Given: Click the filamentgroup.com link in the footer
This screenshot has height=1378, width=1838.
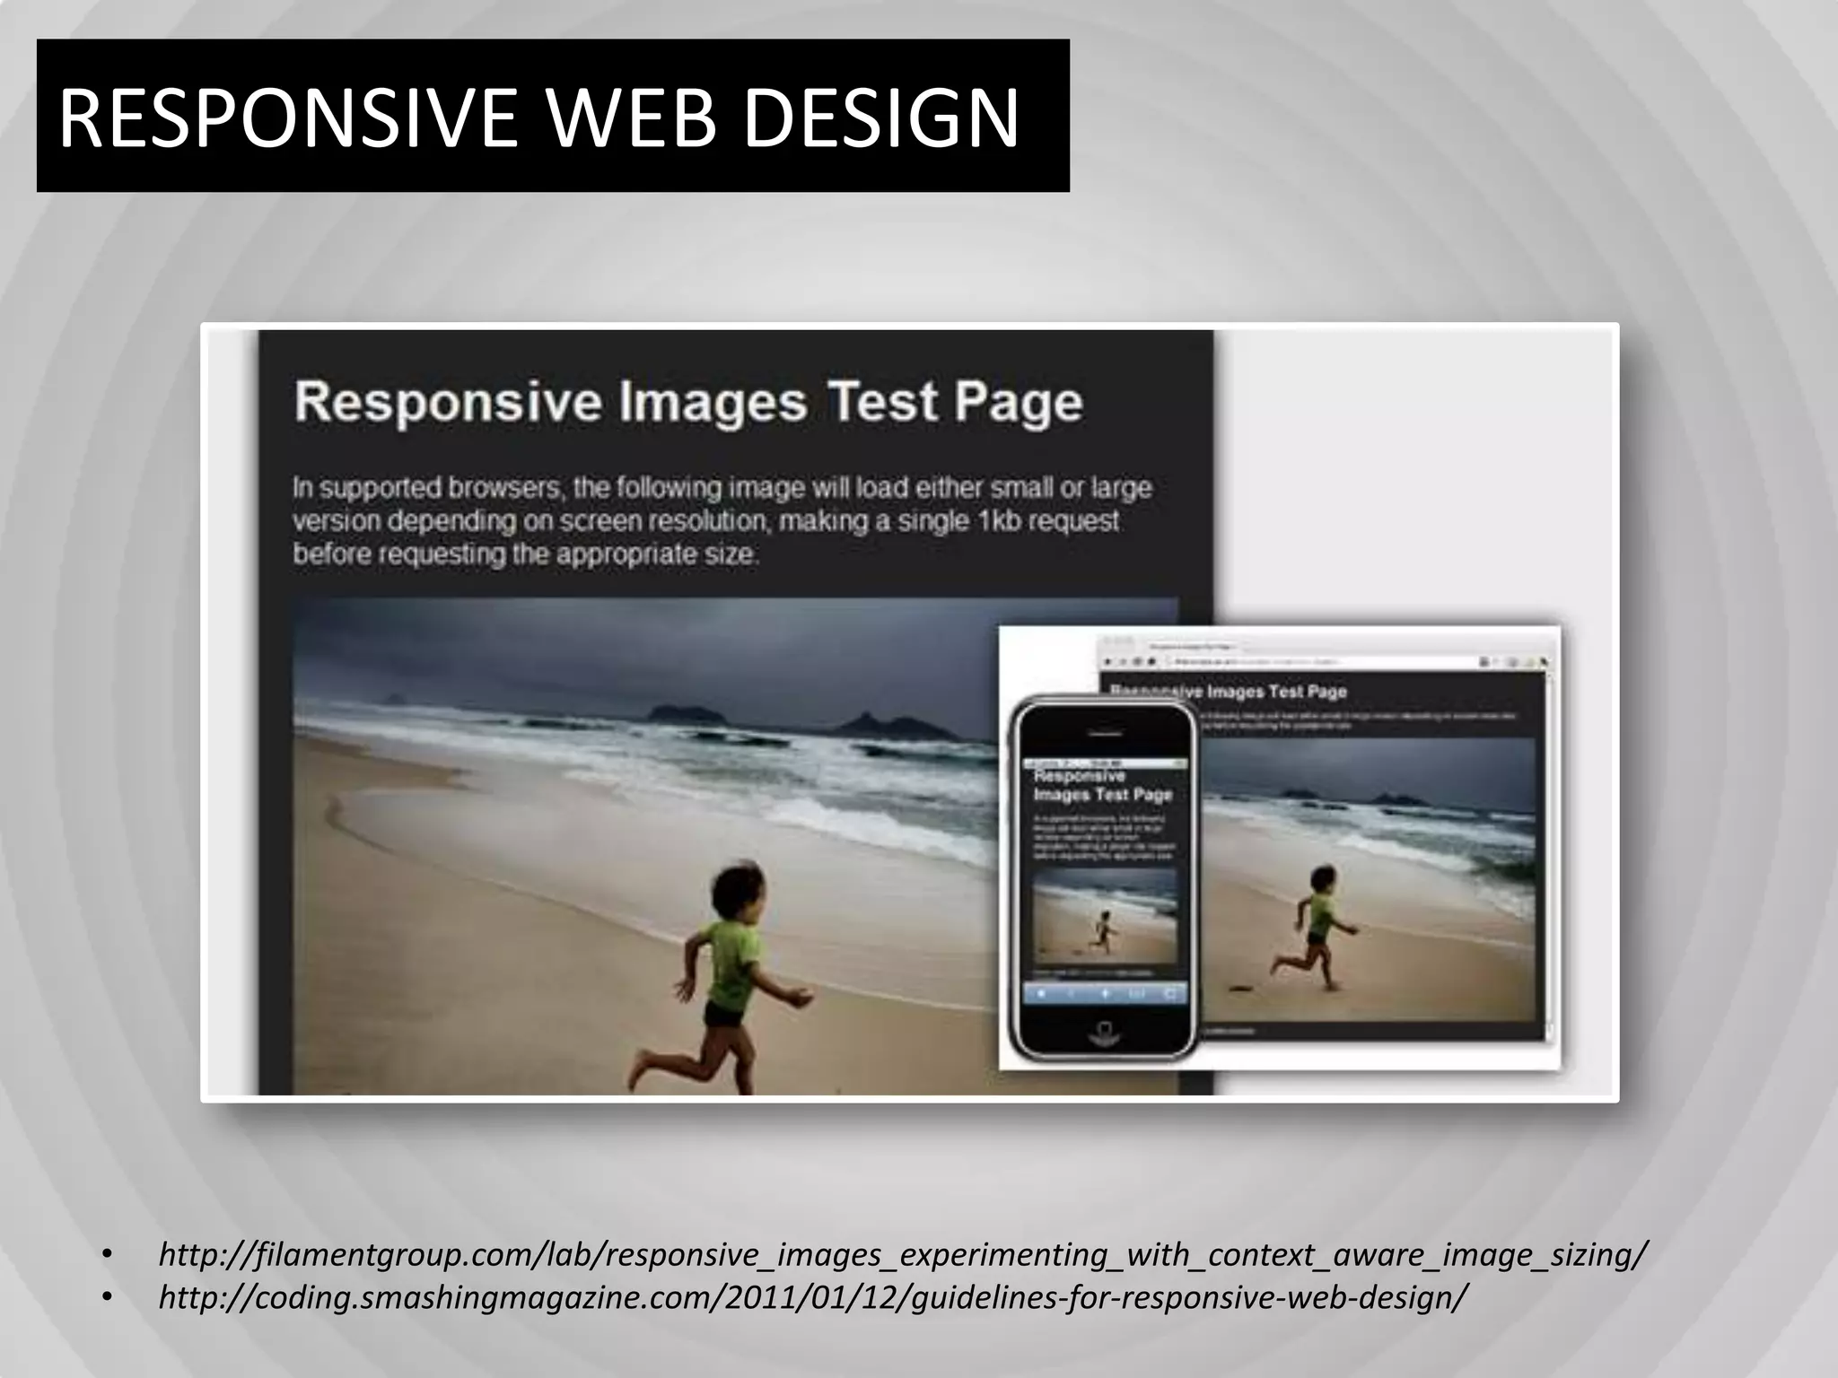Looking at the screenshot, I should coord(903,1253).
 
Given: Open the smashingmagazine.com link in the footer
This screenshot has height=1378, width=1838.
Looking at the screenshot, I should coord(813,1296).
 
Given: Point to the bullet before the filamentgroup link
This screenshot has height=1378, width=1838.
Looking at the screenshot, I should coord(107,1254).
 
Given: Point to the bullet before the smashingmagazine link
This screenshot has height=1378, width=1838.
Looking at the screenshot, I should coord(107,1297).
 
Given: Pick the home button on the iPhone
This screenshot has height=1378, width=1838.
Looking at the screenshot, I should coord(1104,1032).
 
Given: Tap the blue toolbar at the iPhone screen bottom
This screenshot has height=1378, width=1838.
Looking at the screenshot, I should coord(1104,993).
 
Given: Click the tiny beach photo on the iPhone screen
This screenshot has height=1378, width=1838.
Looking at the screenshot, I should coord(1104,915).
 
